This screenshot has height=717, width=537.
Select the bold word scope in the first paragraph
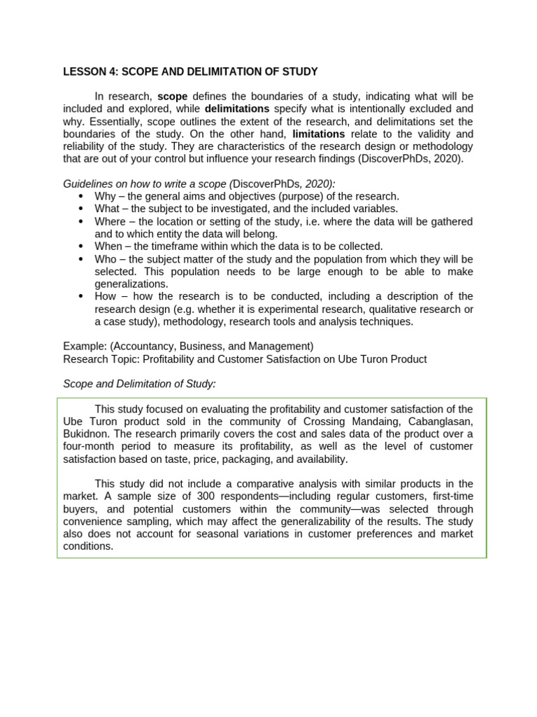[x=172, y=96]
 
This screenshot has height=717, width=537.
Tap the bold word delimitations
[x=236, y=109]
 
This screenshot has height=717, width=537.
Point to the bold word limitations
[x=318, y=134]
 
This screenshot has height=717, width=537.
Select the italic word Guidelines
[x=87, y=183]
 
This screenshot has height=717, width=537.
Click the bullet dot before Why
[x=82, y=197]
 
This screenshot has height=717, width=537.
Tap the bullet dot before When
[x=82, y=246]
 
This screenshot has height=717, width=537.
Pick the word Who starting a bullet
[x=106, y=259]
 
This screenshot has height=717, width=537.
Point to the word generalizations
[x=131, y=284]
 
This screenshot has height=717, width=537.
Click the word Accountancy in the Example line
[x=142, y=346]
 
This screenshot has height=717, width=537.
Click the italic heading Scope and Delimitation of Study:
[x=139, y=384]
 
